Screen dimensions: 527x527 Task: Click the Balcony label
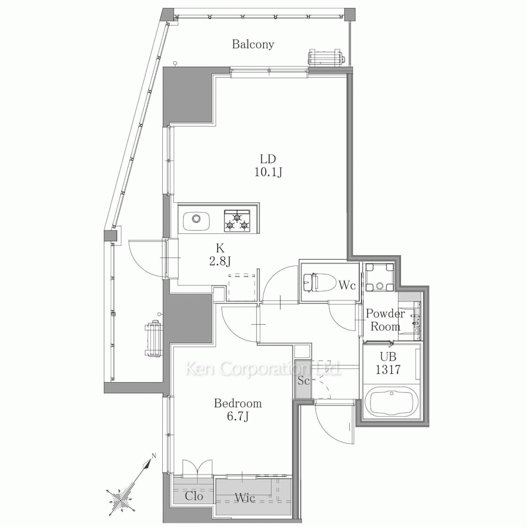[253, 44]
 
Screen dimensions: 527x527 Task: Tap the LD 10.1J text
[268, 165]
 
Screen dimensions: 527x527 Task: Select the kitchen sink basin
[196, 221]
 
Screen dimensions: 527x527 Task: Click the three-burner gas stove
[237, 221]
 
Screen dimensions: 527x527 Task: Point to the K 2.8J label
[220, 255]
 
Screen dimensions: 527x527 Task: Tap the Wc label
[347, 285]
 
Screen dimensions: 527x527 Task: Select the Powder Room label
[385, 320]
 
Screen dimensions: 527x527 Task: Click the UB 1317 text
[388, 363]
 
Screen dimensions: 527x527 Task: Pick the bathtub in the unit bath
[392, 402]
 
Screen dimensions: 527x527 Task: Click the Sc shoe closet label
[304, 381]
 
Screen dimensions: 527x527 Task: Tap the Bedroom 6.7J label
[238, 409]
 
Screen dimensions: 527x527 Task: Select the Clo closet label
[194, 496]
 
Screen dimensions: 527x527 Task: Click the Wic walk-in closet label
[245, 498]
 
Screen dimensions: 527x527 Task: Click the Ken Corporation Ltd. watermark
[263, 369]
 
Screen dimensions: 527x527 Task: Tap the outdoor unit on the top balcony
[326, 57]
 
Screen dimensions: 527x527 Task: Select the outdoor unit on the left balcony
[153, 338]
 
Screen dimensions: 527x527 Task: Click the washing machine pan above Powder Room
[380, 277]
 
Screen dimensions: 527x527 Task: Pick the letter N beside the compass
[154, 456]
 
